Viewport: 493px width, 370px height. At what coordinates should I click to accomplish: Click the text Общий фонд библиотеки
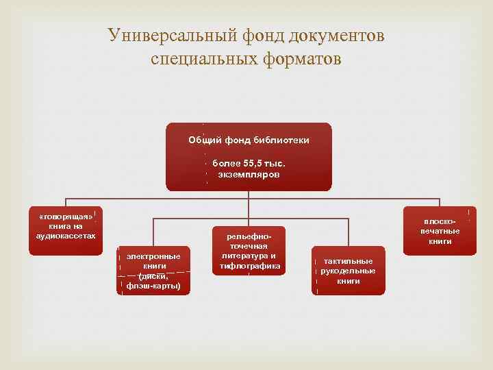tap(249, 140)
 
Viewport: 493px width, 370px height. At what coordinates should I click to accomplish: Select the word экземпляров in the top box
tap(249, 175)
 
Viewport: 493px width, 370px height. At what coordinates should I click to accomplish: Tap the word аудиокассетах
tap(66, 235)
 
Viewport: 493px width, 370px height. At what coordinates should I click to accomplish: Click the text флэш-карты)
tap(153, 286)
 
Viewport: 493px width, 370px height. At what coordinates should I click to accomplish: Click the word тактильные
tap(348, 261)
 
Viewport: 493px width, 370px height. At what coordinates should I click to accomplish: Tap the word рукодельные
tap(348, 271)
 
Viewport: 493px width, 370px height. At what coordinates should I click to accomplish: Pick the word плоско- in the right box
tap(440, 221)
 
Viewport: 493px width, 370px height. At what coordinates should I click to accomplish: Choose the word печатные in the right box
tap(440, 231)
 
